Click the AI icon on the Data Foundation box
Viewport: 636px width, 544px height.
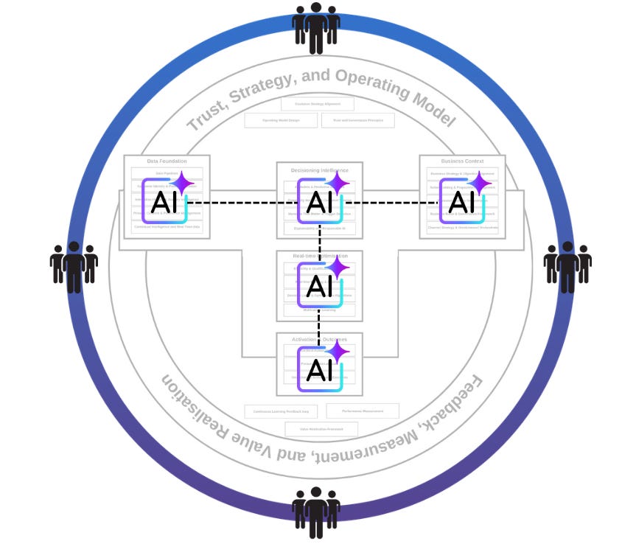coord(165,200)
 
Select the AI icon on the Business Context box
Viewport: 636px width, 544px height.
coord(462,200)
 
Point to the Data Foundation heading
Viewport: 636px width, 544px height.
coord(167,161)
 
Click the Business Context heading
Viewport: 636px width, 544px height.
coord(462,161)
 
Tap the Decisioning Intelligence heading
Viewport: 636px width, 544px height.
coord(319,170)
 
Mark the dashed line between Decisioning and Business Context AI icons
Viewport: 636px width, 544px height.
coord(391,203)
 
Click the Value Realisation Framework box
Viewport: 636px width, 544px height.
coord(321,429)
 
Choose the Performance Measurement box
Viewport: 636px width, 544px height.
coord(362,411)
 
